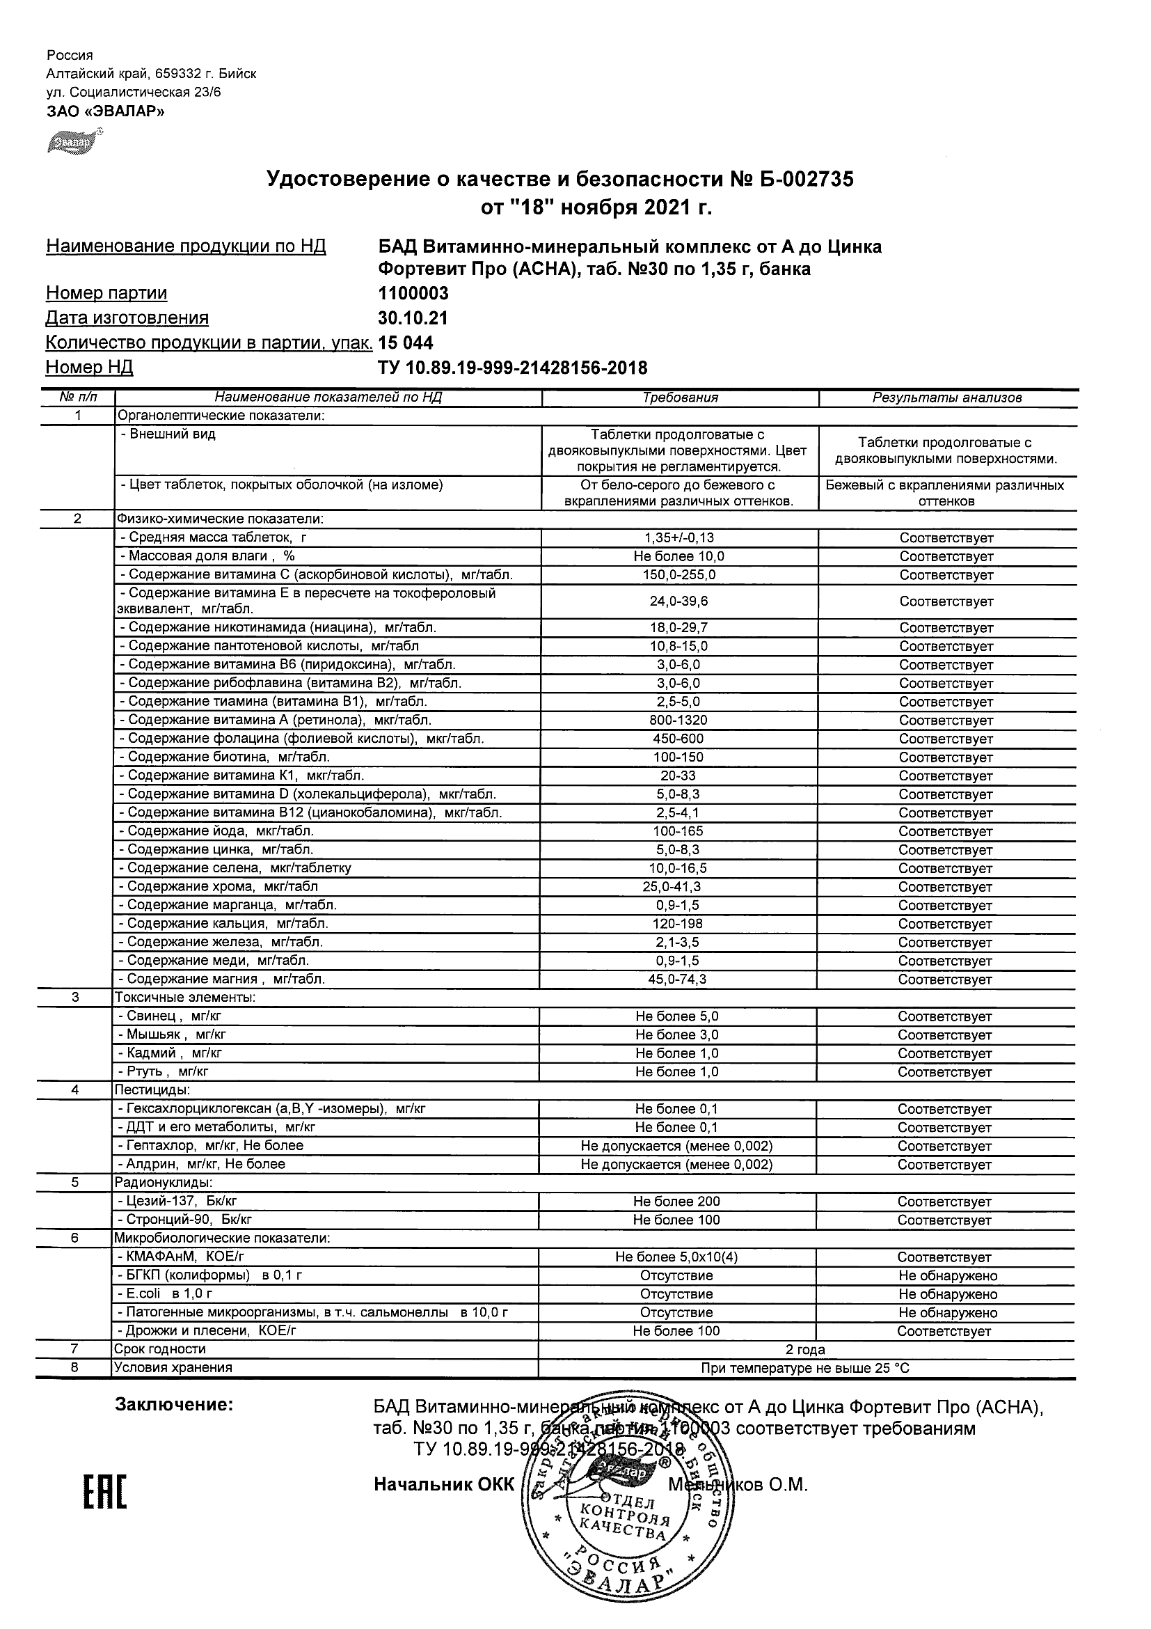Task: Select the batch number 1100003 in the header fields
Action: [413, 293]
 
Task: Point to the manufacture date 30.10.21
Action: [413, 318]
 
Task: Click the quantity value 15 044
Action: [406, 343]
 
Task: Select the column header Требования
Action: [680, 398]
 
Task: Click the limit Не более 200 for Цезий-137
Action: [676, 1201]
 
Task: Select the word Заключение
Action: [174, 1404]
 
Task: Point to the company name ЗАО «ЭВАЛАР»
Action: [105, 111]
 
